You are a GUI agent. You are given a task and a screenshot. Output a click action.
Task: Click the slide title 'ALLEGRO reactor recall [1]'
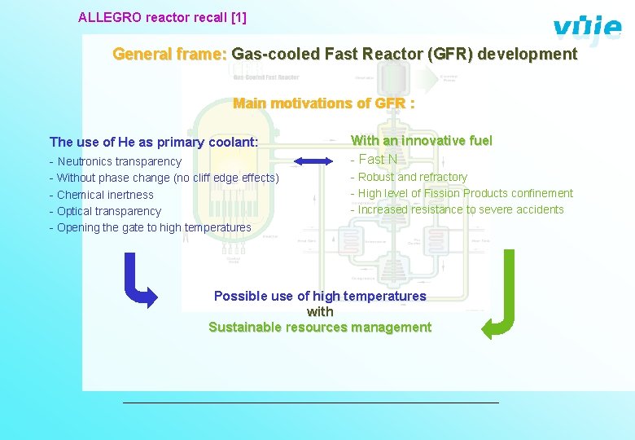pyautogui.click(x=162, y=16)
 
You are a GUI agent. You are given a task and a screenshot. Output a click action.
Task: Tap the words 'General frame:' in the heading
pyautogui.click(x=169, y=55)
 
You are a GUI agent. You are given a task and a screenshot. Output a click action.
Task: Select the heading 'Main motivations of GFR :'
pyautogui.click(x=323, y=103)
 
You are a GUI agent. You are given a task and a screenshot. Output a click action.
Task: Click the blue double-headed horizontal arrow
pyautogui.click(x=313, y=161)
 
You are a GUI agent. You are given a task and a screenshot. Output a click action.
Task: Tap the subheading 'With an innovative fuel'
pyautogui.click(x=421, y=141)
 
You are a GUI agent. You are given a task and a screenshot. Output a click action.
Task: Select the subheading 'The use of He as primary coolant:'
pyautogui.click(x=154, y=143)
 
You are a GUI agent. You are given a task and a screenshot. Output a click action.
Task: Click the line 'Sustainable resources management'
pyautogui.click(x=320, y=328)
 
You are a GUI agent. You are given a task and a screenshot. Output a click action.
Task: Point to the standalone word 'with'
pyautogui.click(x=320, y=312)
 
